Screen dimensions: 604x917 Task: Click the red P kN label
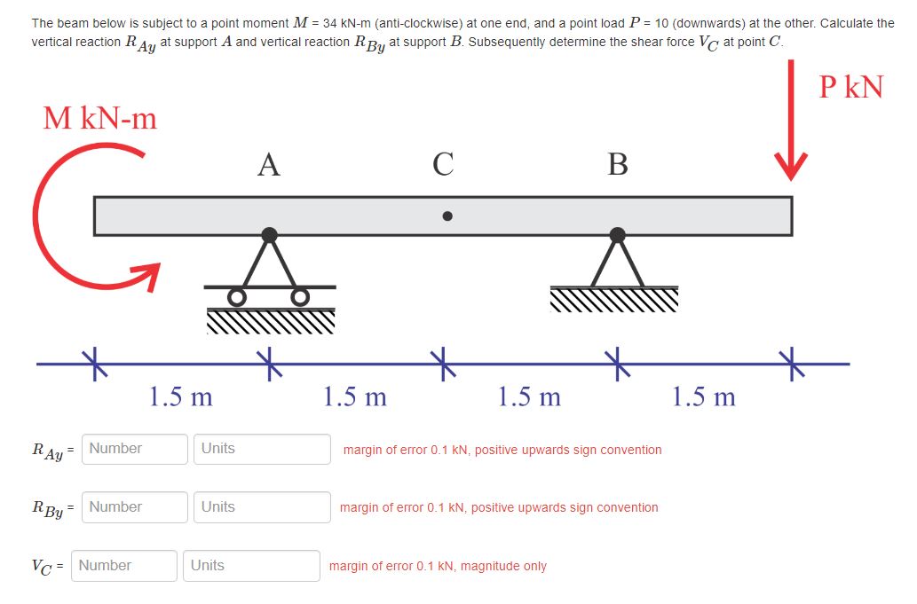[x=850, y=86]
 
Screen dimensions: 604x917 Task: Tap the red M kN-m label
[x=100, y=118]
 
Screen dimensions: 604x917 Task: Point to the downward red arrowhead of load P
[x=789, y=166]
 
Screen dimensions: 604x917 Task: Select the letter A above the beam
[x=268, y=164]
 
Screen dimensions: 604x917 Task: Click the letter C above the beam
[x=443, y=164]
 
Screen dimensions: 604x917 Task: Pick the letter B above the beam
[x=618, y=164]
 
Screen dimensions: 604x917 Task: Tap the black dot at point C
[x=447, y=216]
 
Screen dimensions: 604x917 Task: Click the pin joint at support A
[x=269, y=235]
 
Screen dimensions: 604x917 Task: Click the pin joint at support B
[x=618, y=235]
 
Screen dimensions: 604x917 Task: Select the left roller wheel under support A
[x=236, y=296]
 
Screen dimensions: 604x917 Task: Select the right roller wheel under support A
[x=301, y=296]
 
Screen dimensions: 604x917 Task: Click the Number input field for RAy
[x=136, y=449]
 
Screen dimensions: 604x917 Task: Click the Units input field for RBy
[x=262, y=507]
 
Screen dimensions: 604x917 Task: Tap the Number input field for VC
[x=124, y=566]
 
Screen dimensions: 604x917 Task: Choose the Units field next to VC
[x=251, y=566]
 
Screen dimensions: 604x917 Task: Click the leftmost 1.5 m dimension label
[x=181, y=396]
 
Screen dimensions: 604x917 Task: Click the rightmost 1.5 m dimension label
[x=704, y=396]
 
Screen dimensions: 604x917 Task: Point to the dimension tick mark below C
[x=443, y=364]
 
